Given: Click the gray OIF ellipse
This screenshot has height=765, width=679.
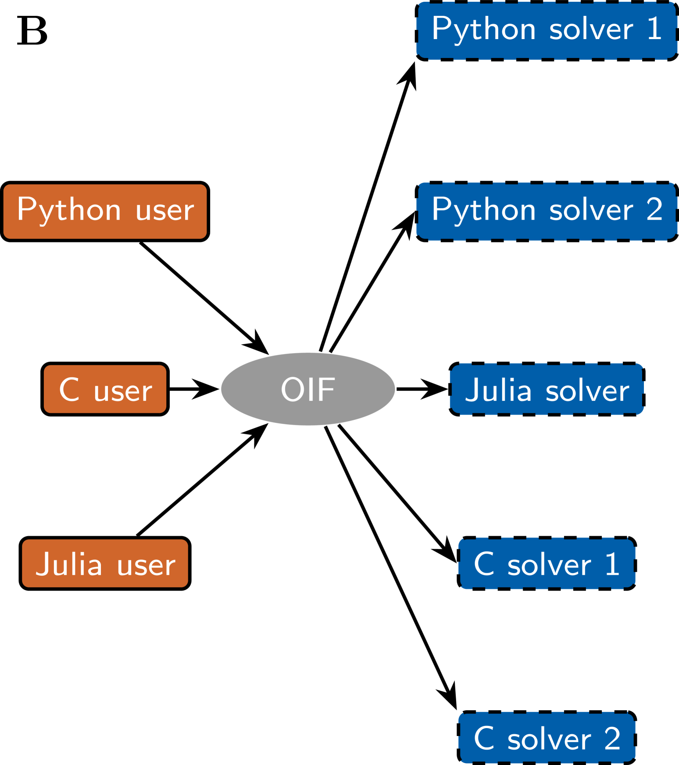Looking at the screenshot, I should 308,389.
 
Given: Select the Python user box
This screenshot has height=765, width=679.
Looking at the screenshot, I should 105,212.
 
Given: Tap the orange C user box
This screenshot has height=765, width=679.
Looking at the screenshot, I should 105,389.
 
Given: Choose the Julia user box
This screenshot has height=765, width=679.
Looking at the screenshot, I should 105,563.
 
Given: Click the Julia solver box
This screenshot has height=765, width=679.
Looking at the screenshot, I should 547,389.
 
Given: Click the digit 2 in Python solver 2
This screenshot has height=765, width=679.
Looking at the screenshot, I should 654,209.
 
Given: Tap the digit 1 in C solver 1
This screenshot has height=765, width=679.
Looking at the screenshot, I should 612,564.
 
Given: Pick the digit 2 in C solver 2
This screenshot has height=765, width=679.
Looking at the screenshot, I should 612,738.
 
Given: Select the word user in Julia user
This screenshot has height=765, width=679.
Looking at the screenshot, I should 146,565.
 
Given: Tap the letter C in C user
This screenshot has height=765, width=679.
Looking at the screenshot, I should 69,389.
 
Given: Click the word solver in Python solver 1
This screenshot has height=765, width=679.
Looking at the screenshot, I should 591,30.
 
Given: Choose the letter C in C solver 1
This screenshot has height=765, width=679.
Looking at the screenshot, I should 484,564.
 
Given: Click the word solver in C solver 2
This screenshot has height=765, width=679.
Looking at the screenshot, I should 549,739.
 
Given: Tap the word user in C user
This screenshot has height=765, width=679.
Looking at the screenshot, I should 123,391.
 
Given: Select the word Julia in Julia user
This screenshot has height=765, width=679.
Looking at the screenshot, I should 69,564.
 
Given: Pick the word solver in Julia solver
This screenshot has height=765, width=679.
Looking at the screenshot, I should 587,390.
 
